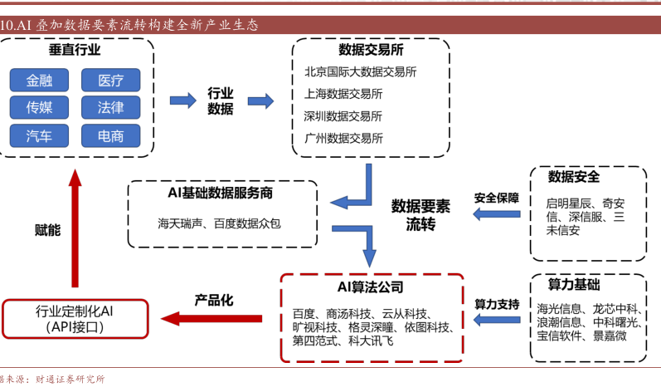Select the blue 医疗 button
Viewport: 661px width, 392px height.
coord(110,81)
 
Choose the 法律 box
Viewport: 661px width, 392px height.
coord(110,108)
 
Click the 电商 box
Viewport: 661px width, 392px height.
coord(110,135)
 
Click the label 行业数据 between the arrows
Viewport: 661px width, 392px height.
coord(220,101)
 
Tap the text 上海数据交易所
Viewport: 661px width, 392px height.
coord(343,94)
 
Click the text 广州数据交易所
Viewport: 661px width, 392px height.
coord(343,138)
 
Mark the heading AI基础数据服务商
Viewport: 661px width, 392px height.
coord(221,193)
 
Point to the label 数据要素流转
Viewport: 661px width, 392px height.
coord(420,215)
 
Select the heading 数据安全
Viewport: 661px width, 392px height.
coord(574,177)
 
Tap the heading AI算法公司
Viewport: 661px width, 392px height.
coord(370,287)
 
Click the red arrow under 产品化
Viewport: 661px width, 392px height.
coord(211,316)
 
